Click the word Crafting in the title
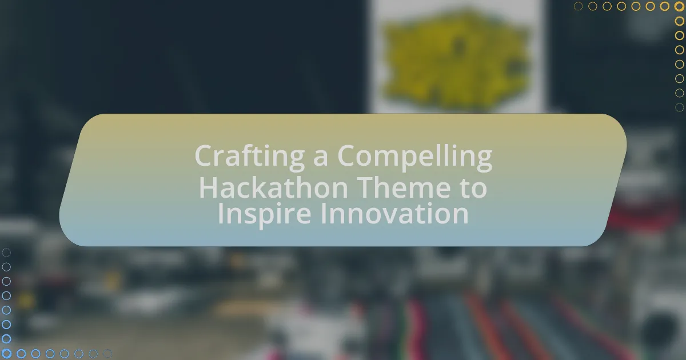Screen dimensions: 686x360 pyautogui.click(x=249, y=157)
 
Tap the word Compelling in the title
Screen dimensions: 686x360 pyautogui.click(x=415, y=157)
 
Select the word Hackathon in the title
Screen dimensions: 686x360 pyautogui.click(x=273, y=187)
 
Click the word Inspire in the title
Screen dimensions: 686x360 pyautogui.click(x=264, y=214)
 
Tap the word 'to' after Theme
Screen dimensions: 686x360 pyautogui.click(x=473, y=189)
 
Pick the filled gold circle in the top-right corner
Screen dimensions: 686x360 pyautogui.click(x=679, y=6)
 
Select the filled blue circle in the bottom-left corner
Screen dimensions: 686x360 pyautogui.click(x=6, y=354)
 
